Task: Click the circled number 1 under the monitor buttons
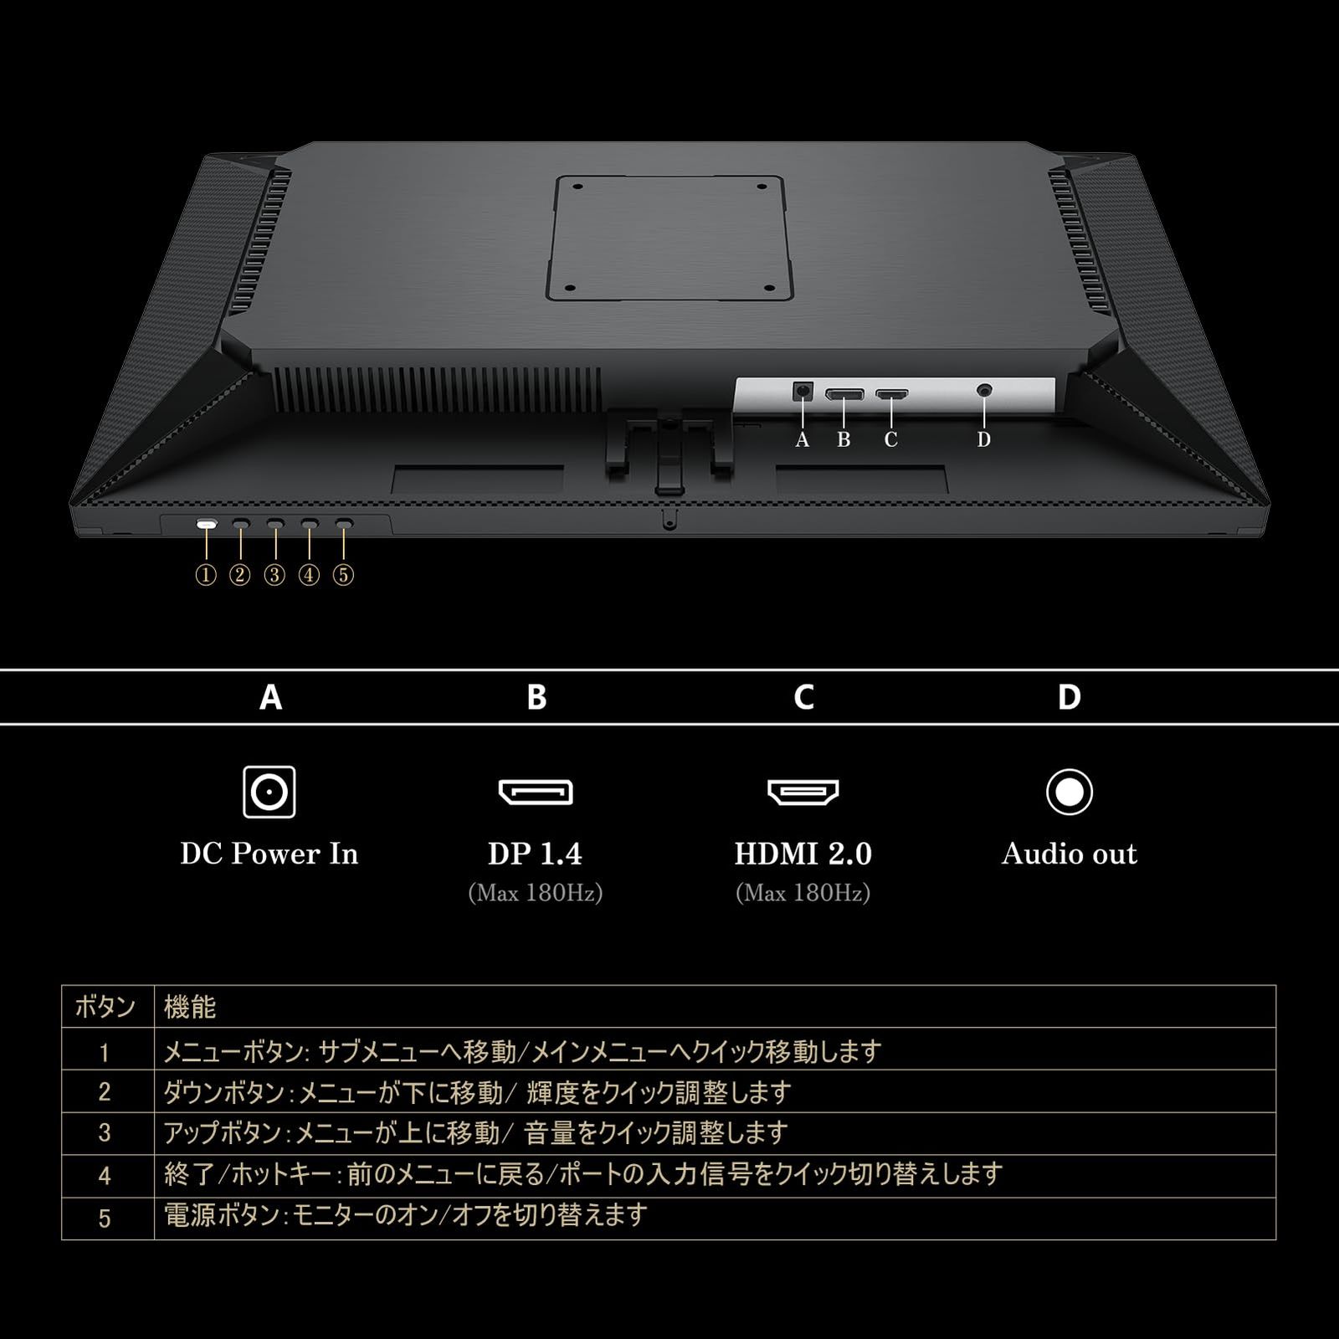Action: click(206, 575)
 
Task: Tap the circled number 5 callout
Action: click(343, 575)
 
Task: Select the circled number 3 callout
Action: click(274, 575)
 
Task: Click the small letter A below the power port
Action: click(803, 439)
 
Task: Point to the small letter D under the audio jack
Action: click(984, 439)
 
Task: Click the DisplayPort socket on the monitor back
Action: click(844, 393)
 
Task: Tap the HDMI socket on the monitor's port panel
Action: click(891, 393)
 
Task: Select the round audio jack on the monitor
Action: click(985, 390)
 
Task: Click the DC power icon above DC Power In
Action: click(269, 792)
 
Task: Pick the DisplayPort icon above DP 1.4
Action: click(536, 792)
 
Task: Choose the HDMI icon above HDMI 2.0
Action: click(803, 792)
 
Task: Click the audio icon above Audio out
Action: click(1070, 792)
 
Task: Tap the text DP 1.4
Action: click(536, 854)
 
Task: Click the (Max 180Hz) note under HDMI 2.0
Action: click(803, 894)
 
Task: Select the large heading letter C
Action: click(803, 697)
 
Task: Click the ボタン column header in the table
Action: click(105, 1007)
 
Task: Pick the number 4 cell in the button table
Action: click(105, 1176)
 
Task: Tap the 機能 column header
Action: click(190, 1007)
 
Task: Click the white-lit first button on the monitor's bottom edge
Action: click(207, 525)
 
